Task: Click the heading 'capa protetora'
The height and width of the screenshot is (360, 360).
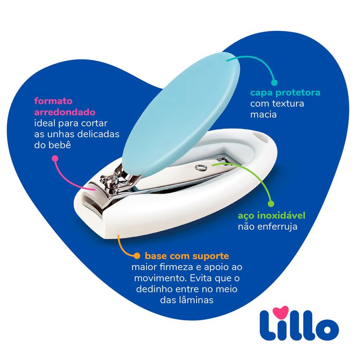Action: tap(285, 93)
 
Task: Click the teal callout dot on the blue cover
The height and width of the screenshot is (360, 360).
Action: tap(274, 82)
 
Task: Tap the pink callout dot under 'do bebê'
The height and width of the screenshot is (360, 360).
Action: tap(54, 158)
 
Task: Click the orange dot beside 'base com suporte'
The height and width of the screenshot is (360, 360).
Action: tap(136, 255)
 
